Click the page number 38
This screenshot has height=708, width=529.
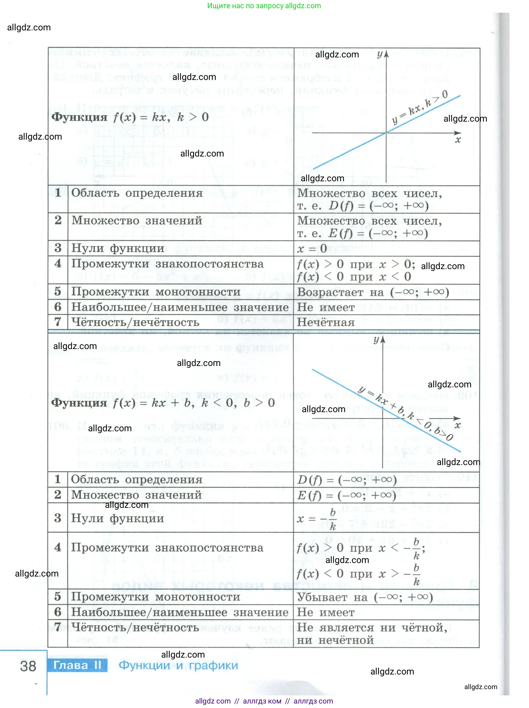click(28, 666)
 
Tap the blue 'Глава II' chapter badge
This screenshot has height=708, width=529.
click(77, 665)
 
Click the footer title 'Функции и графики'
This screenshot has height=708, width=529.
click(178, 665)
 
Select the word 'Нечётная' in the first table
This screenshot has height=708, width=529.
click(326, 322)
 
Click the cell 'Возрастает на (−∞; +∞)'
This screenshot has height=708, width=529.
click(373, 292)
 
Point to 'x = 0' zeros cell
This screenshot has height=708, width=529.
click(312, 248)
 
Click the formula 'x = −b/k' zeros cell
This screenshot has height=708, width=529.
click(316, 519)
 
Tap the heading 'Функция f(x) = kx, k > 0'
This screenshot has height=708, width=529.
click(130, 117)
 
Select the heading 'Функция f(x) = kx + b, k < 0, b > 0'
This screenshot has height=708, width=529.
click(163, 403)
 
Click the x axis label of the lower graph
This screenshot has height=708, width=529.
click(458, 425)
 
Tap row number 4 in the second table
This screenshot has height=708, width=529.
click(58, 547)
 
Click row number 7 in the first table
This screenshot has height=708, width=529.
click(58, 322)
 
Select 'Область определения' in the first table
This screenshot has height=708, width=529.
click(137, 193)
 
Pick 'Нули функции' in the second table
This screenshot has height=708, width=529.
click(117, 518)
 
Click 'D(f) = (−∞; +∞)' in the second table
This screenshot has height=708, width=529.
click(347, 479)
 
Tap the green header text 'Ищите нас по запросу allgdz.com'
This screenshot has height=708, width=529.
click(264, 6)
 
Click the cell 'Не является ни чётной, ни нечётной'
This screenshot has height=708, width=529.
click(372, 633)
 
